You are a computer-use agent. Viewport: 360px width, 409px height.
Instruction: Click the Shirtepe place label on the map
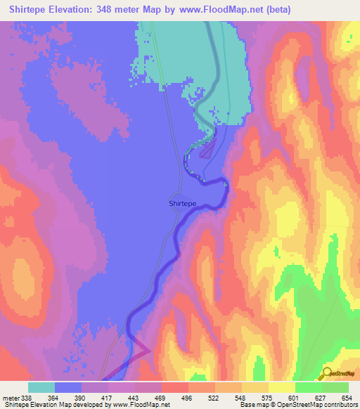click(x=182, y=203)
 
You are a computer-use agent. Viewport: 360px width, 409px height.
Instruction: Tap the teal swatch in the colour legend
click(x=41, y=387)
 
